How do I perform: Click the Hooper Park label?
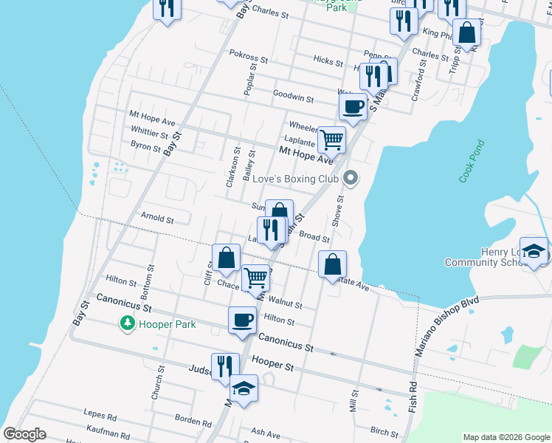point(168,324)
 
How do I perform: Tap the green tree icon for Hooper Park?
point(128,323)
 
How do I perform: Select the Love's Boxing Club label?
point(295,179)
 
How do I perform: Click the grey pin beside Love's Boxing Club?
point(351,178)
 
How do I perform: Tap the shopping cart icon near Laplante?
point(333,137)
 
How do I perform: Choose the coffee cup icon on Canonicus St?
point(242,320)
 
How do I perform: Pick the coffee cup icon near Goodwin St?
point(353,106)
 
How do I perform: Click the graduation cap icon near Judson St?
point(244,388)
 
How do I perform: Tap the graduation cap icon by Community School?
point(534,252)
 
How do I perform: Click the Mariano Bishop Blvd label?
point(446,326)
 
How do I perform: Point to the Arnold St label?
point(156,219)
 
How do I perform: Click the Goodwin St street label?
point(293,96)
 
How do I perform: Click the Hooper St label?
point(272,365)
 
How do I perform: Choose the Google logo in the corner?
point(24,434)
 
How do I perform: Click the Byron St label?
point(145,148)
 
